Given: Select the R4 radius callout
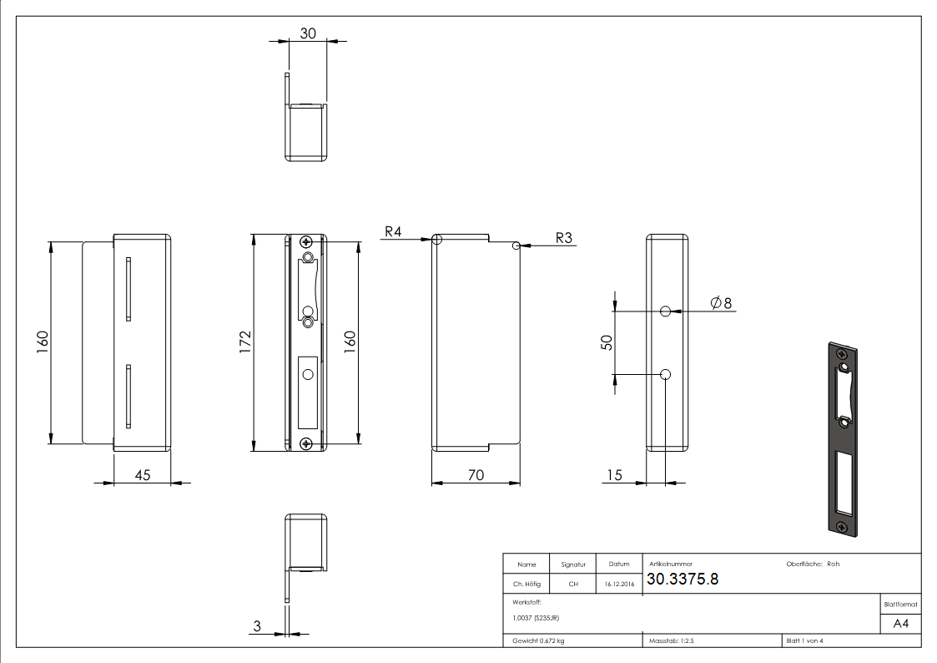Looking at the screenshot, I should click(394, 230).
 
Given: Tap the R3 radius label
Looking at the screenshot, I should click(564, 237).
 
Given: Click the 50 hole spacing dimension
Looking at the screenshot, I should click(607, 342).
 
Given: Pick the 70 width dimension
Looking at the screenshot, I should click(476, 474).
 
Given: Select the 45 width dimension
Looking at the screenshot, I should click(143, 474).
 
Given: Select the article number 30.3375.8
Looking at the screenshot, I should click(683, 580).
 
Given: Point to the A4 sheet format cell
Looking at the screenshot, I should click(900, 624).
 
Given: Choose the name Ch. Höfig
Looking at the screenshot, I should click(526, 585).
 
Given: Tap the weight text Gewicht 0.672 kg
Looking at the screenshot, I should click(537, 640).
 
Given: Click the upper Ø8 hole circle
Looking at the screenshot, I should click(665, 311).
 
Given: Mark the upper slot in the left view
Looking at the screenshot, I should click(129, 289).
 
